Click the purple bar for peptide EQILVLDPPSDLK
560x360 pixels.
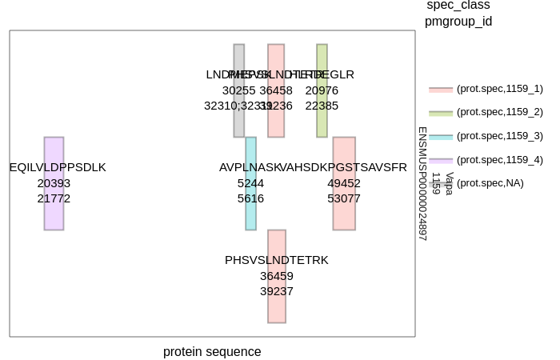pos(54,183)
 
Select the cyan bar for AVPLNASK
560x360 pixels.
pos(250,183)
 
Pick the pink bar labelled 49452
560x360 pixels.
pos(344,183)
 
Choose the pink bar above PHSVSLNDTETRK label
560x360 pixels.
pos(277,240)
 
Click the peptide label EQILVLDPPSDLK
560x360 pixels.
pos(58,167)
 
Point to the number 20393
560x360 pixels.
pos(54,182)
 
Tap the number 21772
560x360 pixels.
pos(54,198)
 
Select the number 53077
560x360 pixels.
pos(344,198)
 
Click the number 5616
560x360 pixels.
pos(250,198)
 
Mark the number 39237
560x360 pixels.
pos(277,291)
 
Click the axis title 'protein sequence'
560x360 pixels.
pos(212,352)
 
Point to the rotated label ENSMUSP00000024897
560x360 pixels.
pos(422,183)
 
